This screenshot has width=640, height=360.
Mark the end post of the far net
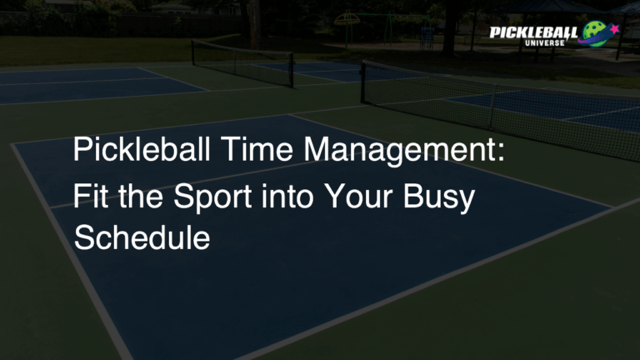point(192,53)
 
